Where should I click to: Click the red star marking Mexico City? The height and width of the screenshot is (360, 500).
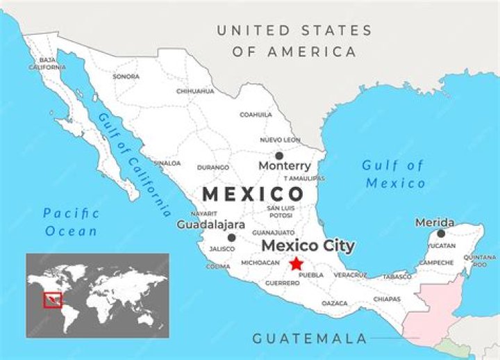pyautogui.click(x=297, y=263)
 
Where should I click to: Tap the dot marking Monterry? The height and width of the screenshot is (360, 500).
pyautogui.click(x=279, y=156)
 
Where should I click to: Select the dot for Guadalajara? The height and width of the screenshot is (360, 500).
pyautogui.click(x=231, y=238)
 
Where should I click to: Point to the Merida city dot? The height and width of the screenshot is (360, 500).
pyautogui.click(x=441, y=234)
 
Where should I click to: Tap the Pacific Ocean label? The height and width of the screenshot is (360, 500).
pyautogui.click(x=70, y=222)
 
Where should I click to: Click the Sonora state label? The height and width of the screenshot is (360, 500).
pyautogui.click(x=126, y=76)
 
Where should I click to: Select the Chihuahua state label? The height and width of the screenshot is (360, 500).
pyautogui.click(x=195, y=91)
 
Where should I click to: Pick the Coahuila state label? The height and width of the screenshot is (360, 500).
pyautogui.click(x=256, y=115)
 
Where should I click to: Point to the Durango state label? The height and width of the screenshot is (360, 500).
pyautogui.click(x=213, y=167)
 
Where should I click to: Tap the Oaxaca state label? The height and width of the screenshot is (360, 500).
pyautogui.click(x=335, y=303)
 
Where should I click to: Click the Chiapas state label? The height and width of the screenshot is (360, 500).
pyautogui.click(x=387, y=299)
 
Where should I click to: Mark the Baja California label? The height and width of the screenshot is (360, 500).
pyautogui.click(x=47, y=63)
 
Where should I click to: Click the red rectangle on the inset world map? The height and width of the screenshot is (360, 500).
pyautogui.click(x=53, y=300)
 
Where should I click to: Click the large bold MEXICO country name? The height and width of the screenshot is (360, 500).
pyautogui.click(x=253, y=194)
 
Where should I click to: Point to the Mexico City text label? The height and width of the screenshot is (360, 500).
pyautogui.click(x=308, y=246)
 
